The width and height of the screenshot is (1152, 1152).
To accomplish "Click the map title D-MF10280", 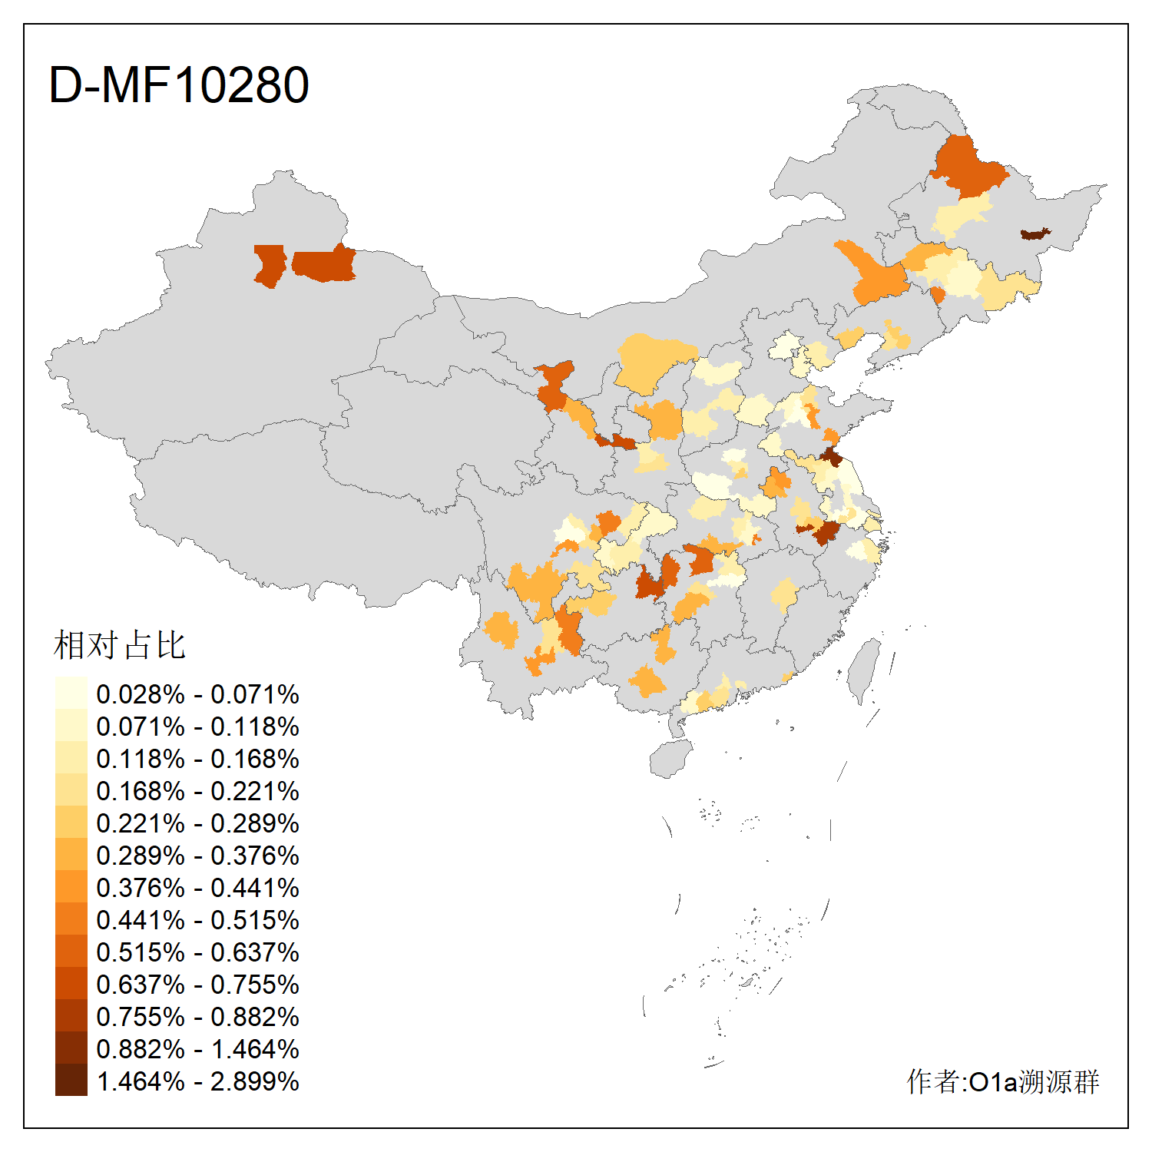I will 178,84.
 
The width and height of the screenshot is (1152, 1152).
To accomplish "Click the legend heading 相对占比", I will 120,645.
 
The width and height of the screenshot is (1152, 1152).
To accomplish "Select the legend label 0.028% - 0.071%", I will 197,694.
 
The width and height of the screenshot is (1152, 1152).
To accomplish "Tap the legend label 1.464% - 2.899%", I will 197,1081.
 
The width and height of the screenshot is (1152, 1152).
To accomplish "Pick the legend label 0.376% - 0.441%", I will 197,888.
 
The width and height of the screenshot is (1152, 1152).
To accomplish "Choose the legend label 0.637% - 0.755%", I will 197,985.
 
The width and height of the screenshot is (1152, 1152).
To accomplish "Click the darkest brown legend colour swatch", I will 71,1081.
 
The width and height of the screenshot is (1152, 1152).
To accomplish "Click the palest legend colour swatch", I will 71,694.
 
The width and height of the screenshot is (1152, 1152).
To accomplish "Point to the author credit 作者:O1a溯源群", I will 1002,1081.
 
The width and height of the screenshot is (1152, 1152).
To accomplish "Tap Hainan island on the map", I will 670,759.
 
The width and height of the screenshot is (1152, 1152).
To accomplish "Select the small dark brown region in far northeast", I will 1034,233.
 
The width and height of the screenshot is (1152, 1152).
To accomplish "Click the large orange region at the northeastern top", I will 968,165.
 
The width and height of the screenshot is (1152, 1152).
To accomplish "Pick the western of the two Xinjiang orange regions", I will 269,265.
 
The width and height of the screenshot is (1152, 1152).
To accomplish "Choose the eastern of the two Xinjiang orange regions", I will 325,264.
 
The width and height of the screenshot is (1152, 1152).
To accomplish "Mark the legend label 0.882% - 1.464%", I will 197,1049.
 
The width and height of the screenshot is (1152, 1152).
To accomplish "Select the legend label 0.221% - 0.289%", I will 197,823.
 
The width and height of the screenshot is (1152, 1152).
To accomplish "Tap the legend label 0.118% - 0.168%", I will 197,759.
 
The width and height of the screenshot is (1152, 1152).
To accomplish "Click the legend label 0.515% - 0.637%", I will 197,952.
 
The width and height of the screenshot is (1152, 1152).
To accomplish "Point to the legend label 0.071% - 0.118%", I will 197,727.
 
